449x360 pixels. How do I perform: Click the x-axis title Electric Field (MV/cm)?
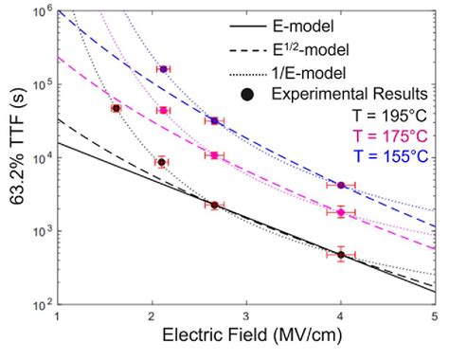click(x=246, y=344)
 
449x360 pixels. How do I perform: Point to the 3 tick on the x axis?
click(x=246, y=317)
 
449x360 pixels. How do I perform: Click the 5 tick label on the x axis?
click(x=434, y=317)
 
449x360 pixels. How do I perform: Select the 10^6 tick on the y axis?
click(x=41, y=11)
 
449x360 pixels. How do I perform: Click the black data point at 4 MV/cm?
click(x=341, y=254)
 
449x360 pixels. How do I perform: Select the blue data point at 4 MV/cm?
click(x=341, y=185)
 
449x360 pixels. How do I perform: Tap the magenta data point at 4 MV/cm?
click(x=341, y=212)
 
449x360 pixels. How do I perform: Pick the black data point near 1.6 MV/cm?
click(x=116, y=108)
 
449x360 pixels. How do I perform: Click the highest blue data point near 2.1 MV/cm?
click(x=163, y=69)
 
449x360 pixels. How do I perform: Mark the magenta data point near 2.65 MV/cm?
click(x=214, y=155)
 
